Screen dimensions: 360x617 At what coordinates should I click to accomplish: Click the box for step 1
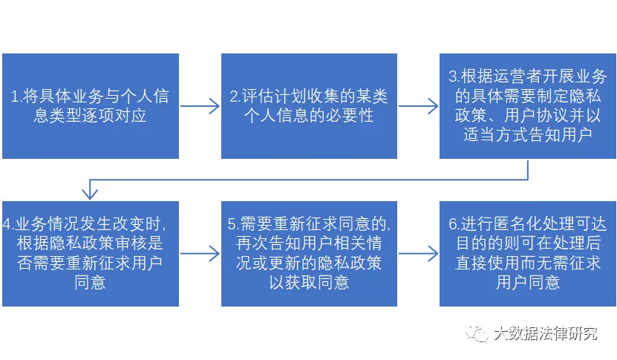tap(90, 105)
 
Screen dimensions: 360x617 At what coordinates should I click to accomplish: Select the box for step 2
tap(308, 105)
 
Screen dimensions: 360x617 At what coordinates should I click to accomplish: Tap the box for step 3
tap(528, 105)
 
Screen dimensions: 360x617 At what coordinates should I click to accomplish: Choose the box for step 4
tap(90, 253)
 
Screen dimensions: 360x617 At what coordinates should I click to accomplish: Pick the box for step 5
tap(308, 253)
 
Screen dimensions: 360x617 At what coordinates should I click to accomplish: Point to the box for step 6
tap(528, 253)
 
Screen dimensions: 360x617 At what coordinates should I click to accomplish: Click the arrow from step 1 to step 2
tap(200, 107)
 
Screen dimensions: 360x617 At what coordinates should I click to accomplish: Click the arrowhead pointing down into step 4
tap(90, 193)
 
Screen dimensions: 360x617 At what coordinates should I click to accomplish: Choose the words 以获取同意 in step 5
tap(309, 283)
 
